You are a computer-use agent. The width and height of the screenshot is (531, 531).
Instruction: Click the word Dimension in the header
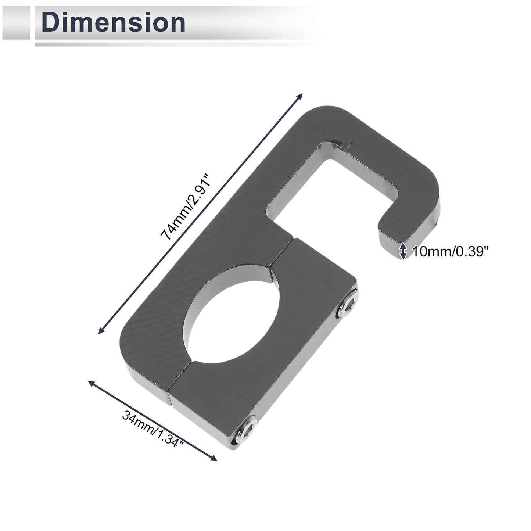113,22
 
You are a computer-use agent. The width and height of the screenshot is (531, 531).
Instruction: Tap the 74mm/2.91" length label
186,207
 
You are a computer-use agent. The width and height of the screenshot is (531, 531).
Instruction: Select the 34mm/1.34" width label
153,433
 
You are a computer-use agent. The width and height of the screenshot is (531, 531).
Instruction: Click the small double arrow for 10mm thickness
403,251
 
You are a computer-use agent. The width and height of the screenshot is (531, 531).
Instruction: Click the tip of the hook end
391,250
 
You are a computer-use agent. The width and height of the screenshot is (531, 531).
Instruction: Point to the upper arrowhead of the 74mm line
299,97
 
